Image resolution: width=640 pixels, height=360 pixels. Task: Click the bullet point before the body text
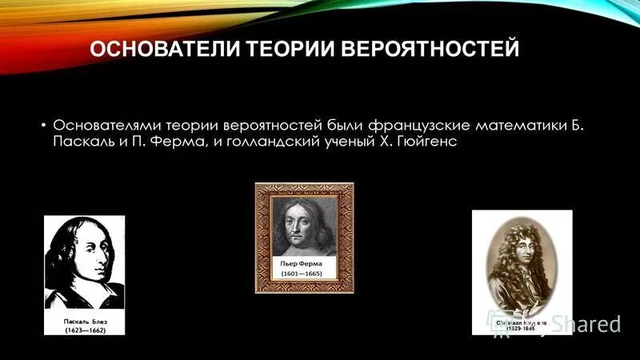42,126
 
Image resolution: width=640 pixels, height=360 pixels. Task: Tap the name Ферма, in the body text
177,143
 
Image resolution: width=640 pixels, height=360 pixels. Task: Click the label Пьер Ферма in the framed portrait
304,262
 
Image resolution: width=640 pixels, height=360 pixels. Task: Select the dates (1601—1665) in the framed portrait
304,274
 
